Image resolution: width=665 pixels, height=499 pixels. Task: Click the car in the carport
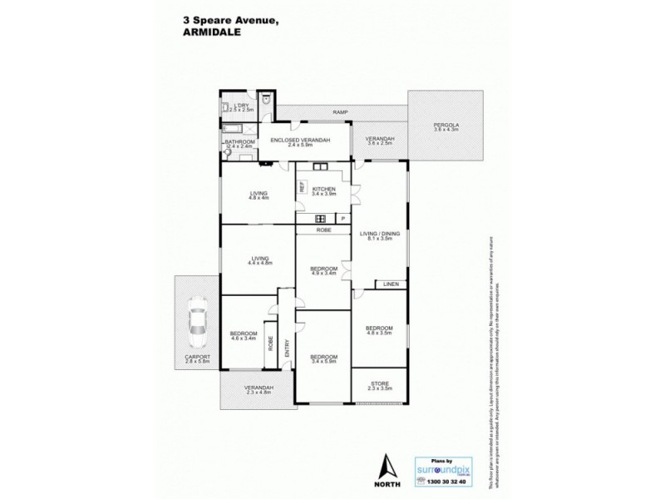pos(198,324)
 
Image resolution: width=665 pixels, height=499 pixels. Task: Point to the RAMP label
pos(339,111)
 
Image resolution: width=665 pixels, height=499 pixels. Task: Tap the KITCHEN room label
pos(323,190)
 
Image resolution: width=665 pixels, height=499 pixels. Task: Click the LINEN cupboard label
pos(391,284)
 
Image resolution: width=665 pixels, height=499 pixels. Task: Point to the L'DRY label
pos(241,105)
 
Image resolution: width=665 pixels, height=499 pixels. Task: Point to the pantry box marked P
pos(342,219)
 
